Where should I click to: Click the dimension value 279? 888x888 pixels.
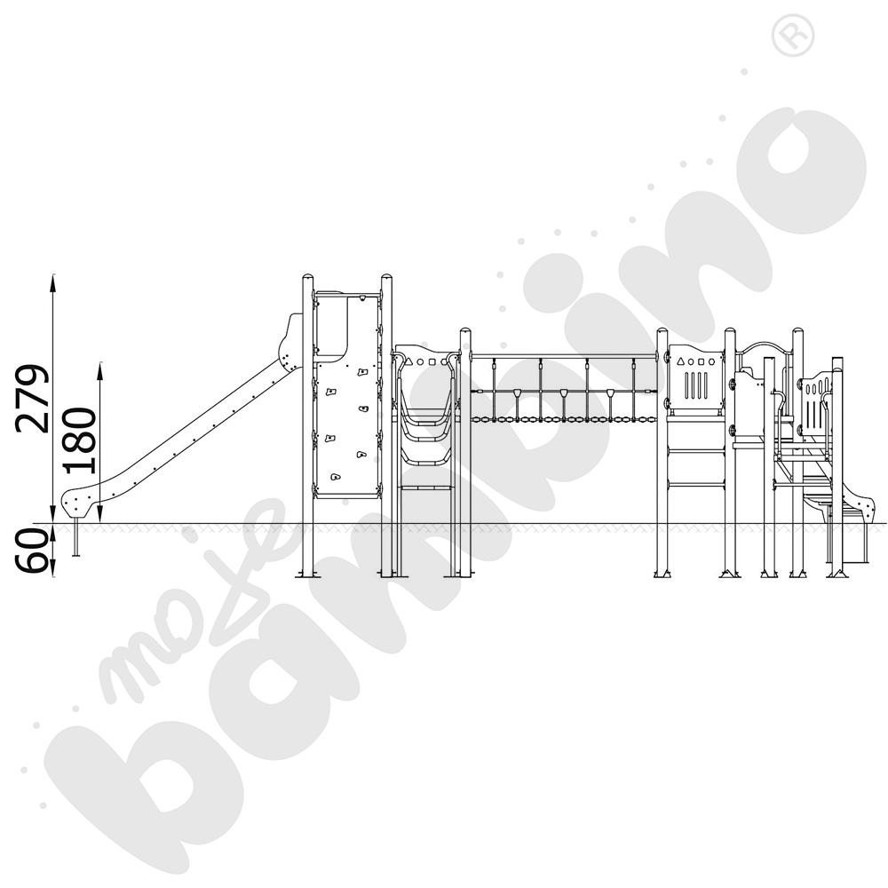coord(32,399)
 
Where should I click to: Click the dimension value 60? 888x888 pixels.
coord(33,551)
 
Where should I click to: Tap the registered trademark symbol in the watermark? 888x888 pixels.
coord(793,36)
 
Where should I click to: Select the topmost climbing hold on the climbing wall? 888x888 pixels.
coord(361,372)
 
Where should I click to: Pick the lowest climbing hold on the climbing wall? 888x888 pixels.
coord(336,477)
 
